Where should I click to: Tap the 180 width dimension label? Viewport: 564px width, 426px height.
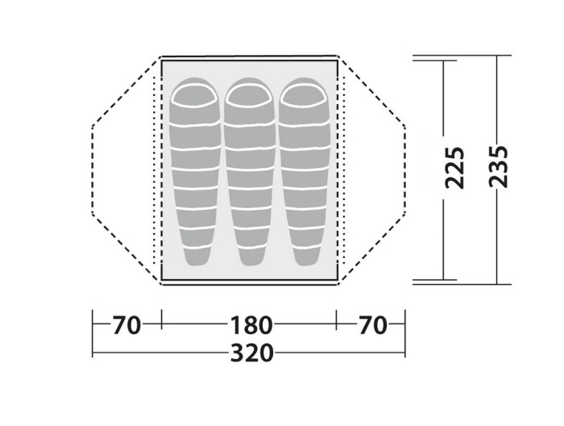[250, 325]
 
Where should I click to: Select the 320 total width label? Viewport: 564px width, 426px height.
[250, 353]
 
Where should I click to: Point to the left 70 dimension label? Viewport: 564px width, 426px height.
[126, 325]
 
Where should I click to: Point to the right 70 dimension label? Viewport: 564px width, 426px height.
[371, 325]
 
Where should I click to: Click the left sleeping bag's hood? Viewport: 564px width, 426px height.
[194, 97]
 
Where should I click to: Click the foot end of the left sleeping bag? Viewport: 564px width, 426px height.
[194, 257]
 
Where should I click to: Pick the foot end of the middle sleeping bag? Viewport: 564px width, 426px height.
[250, 257]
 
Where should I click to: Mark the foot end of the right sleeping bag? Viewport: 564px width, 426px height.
[306, 257]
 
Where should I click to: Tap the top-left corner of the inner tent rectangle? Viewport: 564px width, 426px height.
[162, 59]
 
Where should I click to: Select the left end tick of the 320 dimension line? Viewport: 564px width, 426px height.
[93, 353]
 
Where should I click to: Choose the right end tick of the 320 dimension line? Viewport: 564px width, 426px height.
[404, 353]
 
